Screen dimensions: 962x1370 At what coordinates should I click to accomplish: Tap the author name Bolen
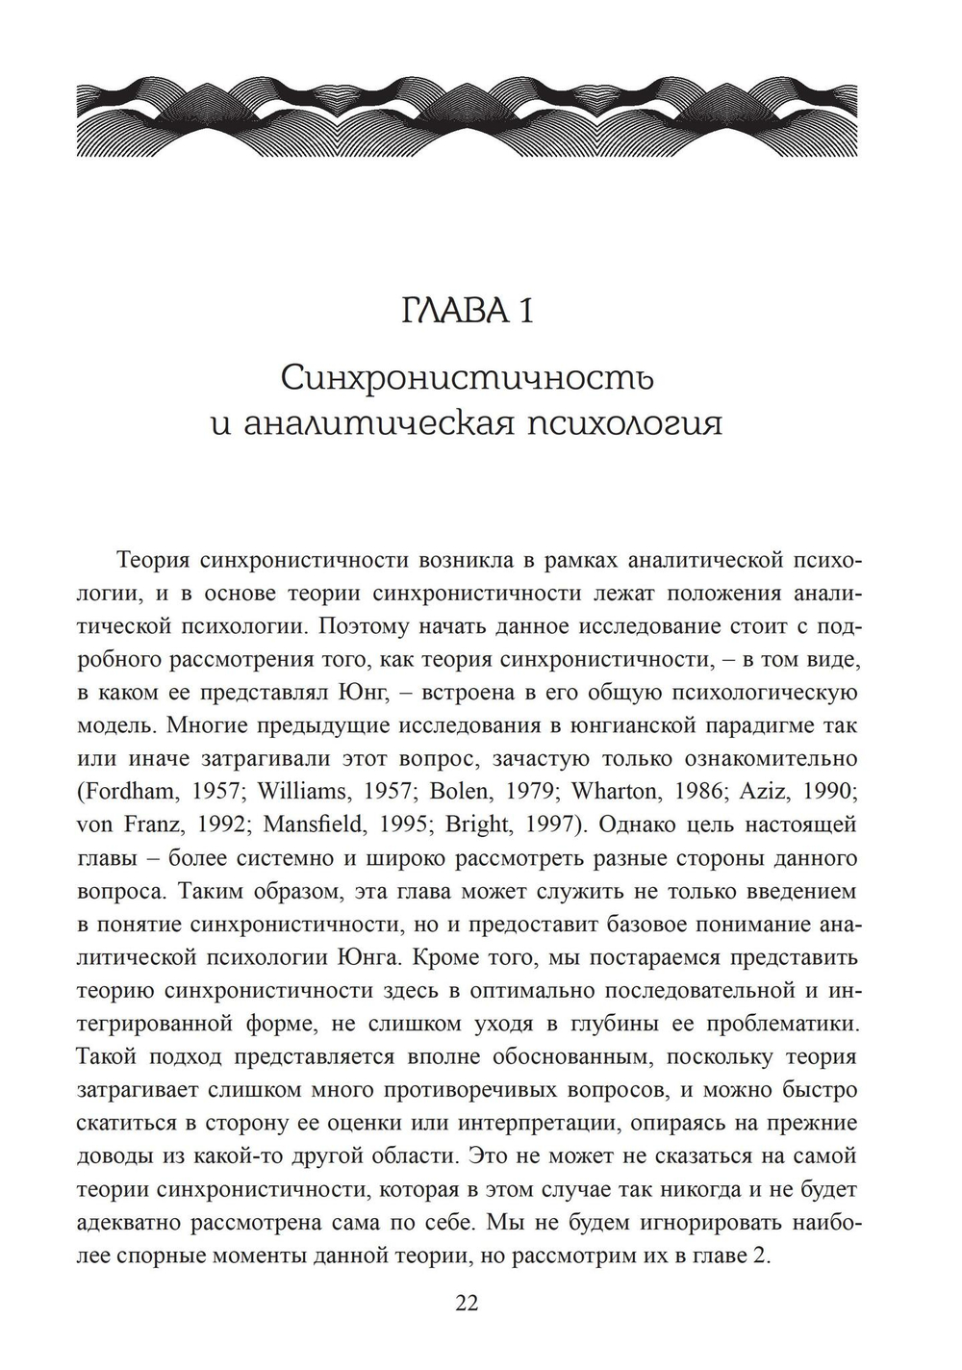coord(456,792)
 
